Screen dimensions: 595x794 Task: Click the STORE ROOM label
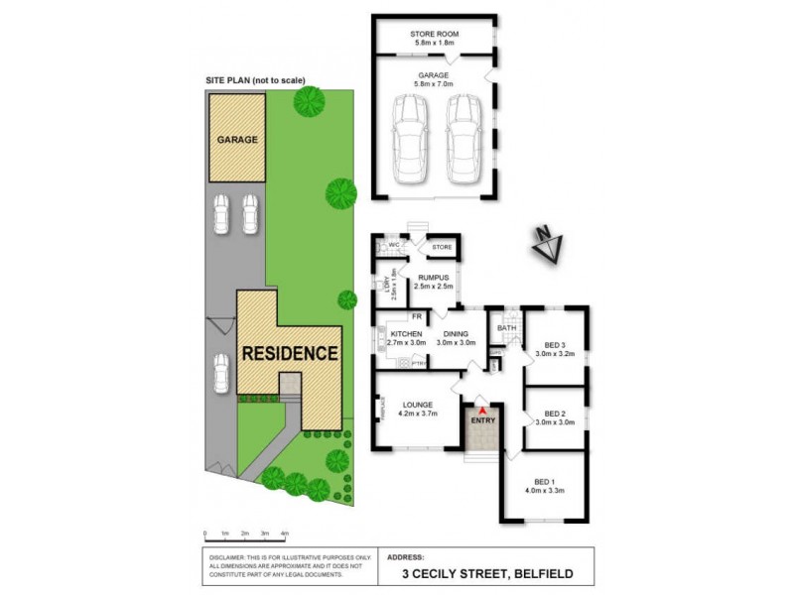click(433, 35)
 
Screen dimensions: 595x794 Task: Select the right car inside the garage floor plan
click(462, 139)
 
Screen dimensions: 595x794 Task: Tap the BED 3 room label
click(550, 344)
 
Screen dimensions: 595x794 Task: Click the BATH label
click(506, 328)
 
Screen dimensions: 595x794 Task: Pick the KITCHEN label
click(407, 335)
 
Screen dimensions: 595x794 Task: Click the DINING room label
click(457, 335)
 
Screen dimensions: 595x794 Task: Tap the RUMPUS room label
click(433, 278)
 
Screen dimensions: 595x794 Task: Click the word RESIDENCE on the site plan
click(291, 353)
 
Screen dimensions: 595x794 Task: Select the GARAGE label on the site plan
click(237, 140)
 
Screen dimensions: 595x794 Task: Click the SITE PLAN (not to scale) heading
click(255, 80)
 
